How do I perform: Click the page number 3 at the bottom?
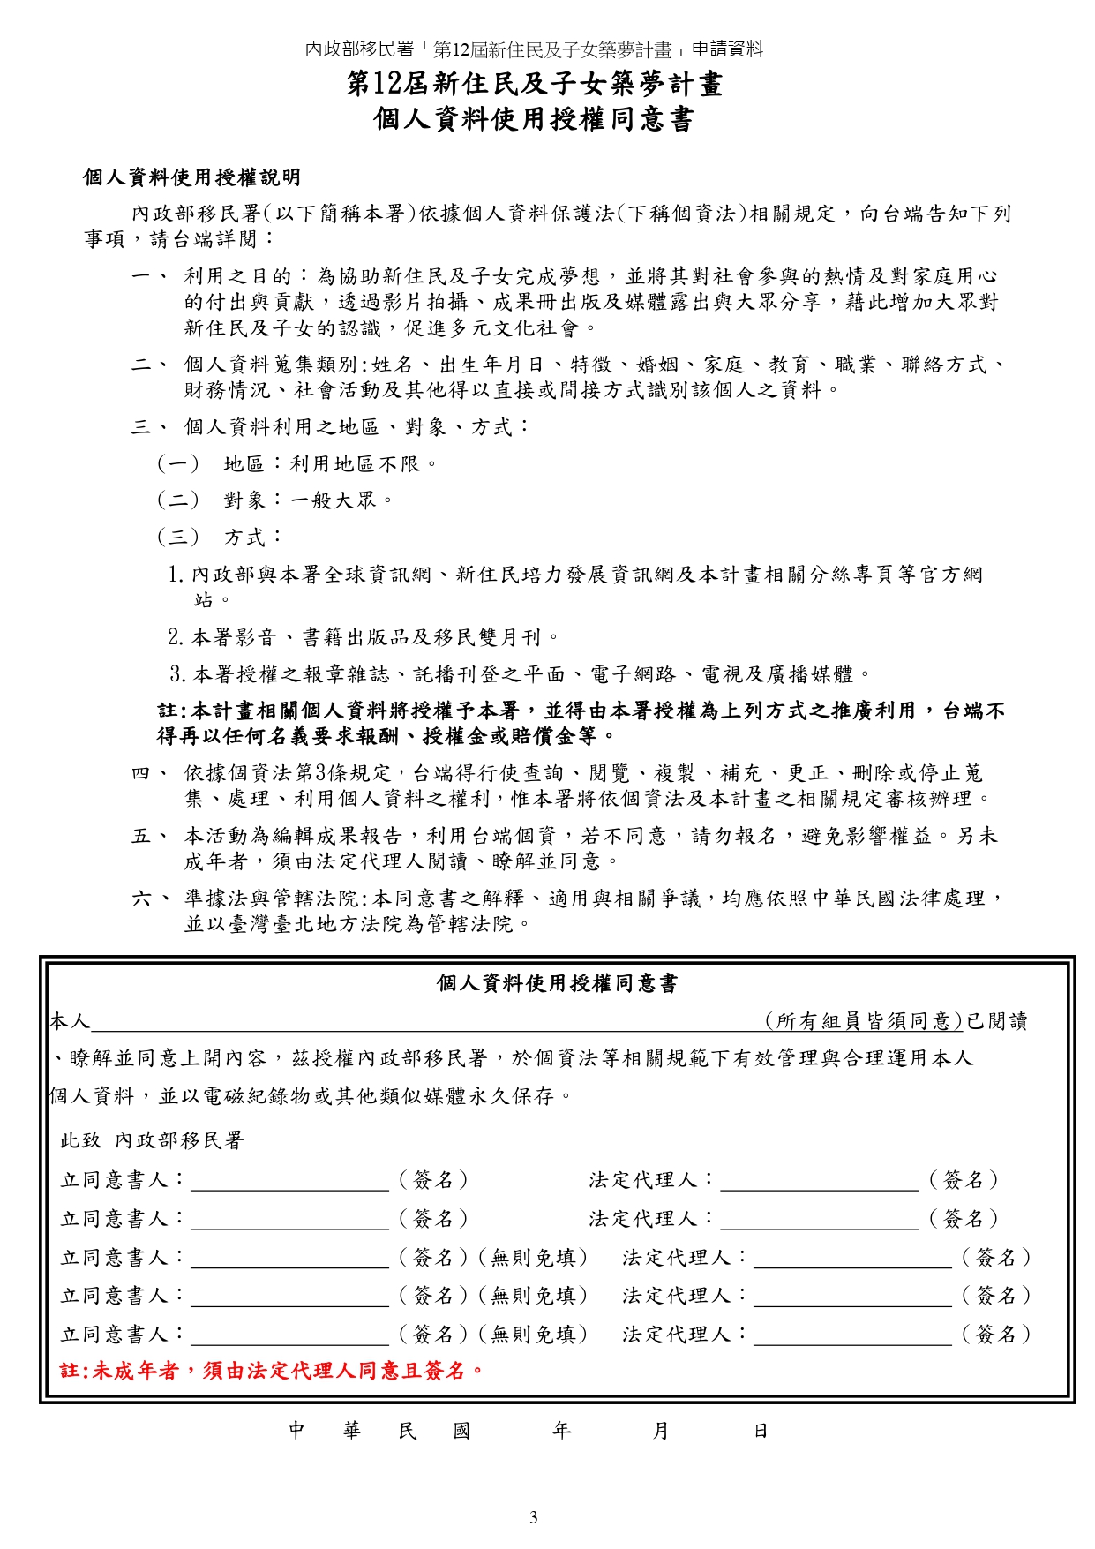(x=533, y=1517)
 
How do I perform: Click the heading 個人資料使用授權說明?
(x=191, y=177)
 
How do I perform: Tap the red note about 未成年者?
(x=272, y=1370)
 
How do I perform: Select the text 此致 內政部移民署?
(x=152, y=1140)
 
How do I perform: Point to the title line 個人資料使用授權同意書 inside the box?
(x=557, y=983)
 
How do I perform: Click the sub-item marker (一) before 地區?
(x=178, y=464)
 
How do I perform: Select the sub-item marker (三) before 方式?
(x=178, y=538)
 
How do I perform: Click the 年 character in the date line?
(x=561, y=1431)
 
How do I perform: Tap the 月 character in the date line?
(x=660, y=1431)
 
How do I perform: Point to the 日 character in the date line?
(x=760, y=1431)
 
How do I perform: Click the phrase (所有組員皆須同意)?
(x=863, y=1021)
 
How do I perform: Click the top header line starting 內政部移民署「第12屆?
(x=533, y=49)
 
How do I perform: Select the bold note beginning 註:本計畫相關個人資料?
(x=581, y=723)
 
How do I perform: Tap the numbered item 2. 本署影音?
(x=364, y=637)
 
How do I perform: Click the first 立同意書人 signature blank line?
(x=289, y=1183)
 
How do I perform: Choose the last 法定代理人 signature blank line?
(x=852, y=1336)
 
